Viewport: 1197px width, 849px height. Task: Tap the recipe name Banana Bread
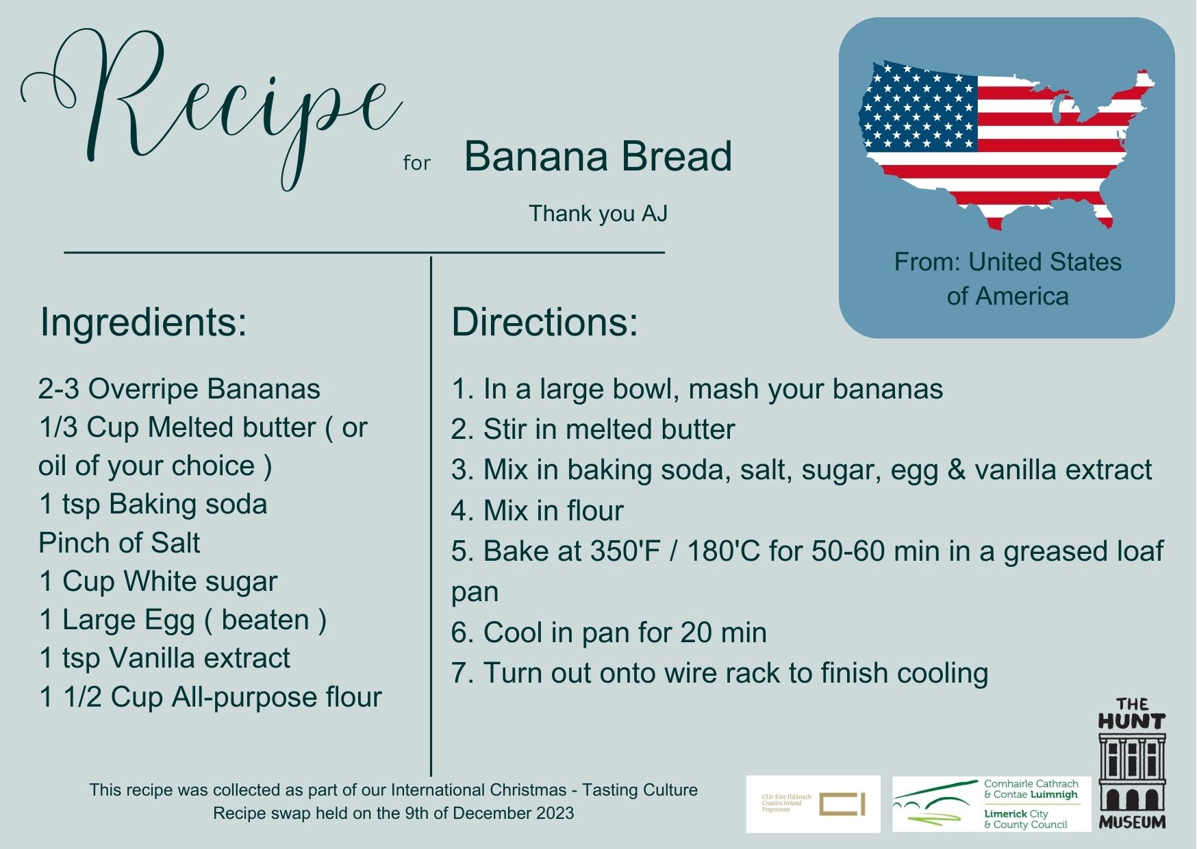click(x=598, y=156)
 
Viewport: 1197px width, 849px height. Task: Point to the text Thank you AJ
click(x=598, y=214)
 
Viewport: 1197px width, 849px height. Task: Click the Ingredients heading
click(x=143, y=322)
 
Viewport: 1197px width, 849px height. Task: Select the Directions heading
click(x=544, y=322)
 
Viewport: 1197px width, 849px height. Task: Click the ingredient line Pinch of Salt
click(x=119, y=543)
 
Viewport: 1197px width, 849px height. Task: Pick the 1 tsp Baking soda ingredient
click(x=153, y=505)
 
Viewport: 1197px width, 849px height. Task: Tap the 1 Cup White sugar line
click(x=158, y=581)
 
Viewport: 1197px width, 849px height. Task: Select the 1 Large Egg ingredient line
click(x=183, y=620)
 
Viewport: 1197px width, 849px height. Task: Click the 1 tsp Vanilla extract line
click(x=164, y=658)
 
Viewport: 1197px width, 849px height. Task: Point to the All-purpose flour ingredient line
click(x=210, y=697)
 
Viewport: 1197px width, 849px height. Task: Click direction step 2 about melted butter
click(x=592, y=429)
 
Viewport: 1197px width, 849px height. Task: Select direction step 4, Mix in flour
click(x=537, y=511)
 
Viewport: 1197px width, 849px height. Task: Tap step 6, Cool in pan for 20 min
click(x=608, y=633)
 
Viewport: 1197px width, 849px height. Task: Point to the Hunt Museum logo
click(x=1131, y=763)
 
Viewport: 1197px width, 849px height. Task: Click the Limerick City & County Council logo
click(x=991, y=804)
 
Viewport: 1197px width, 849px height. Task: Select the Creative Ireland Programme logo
click(x=813, y=804)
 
